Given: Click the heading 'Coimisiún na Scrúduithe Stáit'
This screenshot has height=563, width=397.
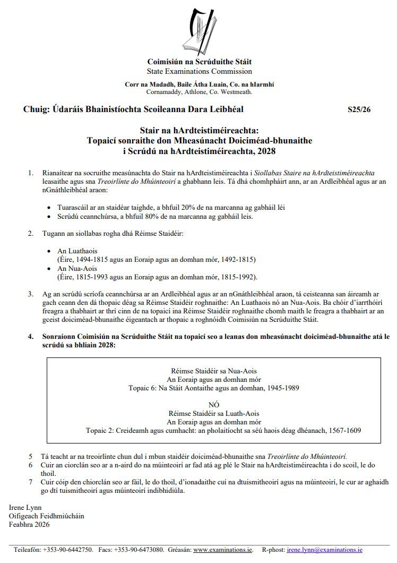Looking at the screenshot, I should [x=199, y=62].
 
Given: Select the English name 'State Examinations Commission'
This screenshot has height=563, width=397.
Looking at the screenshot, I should [x=199, y=71].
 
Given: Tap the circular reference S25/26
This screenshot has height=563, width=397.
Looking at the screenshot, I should [x=359, y=110].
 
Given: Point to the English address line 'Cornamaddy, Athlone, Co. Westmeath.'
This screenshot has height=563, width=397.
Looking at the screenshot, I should [x=199, y=91].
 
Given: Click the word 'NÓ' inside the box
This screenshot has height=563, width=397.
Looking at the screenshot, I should [x=214, y=405].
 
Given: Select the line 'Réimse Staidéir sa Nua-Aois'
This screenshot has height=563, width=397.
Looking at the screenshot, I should [x=214, y=371].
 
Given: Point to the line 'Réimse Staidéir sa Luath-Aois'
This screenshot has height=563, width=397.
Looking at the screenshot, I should [x=214, y=414].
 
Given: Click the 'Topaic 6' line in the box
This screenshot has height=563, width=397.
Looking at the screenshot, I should [x=214, y=388].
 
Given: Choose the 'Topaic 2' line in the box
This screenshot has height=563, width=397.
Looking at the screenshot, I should [x=214, y=431].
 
